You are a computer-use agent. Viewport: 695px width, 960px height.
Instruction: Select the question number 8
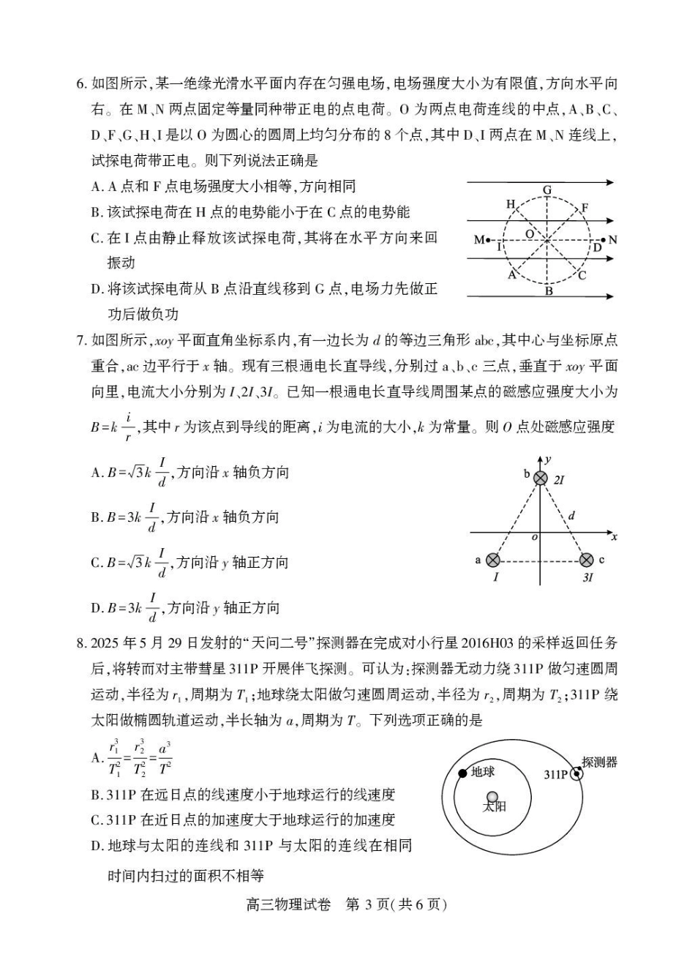click(81, 643)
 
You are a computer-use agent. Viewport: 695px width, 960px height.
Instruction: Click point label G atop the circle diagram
click(547, 190)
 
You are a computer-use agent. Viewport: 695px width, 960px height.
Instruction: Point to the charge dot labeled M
click(488, 240)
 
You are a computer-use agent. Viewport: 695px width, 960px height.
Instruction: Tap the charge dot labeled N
click(603, 239)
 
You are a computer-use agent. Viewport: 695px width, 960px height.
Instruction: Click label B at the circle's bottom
click(548, 290)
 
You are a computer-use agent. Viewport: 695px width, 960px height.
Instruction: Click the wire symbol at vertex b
click(541, 478)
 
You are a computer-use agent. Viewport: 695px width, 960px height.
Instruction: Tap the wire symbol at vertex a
click(493, 560)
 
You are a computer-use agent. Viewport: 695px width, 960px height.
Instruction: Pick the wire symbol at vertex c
click(586, 560)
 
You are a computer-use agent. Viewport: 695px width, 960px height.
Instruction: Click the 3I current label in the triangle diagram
click(587, 577)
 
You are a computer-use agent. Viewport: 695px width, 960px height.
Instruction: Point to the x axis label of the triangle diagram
click(614, 536)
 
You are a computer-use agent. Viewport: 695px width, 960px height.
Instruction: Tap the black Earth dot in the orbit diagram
click(462, 773)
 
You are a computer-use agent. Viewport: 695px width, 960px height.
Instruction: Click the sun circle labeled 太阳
click(493, 797)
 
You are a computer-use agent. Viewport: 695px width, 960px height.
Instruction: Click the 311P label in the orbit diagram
click(556, 774)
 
